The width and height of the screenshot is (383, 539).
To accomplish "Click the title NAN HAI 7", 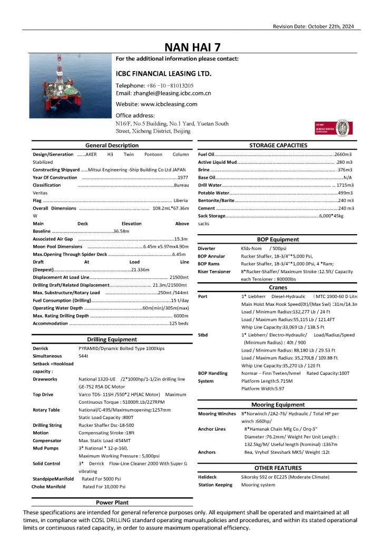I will pyautogui.click(x=192, y=47).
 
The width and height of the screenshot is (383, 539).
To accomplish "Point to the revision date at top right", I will pyautogui.click(x=313, y=26).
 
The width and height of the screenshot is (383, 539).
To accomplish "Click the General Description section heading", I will pyautogui.click(x=112, y=145).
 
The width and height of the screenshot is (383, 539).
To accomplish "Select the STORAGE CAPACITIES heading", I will pyautogui.click(x=277, y=145).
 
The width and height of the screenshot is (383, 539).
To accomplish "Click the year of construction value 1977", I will pyautogui.click(x=183, y=177).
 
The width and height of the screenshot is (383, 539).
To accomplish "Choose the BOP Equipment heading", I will pyautogui.click(x=278, y=239).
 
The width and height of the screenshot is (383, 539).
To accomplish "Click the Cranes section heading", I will pyautogui.click(x=278, y=288).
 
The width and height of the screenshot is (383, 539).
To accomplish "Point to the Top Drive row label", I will pyautogui.click(x=43, y=394).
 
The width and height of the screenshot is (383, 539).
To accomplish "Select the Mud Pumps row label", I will pyautogui.click(x=45, y=448).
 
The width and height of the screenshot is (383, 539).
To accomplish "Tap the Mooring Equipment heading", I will pyautogui.click(x=278, y=405).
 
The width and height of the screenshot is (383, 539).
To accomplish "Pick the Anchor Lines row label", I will pyautogui.click(x=212, y=429).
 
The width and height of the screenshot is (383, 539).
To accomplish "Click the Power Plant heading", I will pyautogui.click(x=112, y=503).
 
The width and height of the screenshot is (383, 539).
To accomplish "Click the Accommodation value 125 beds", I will pyautogui.click(x=179, y=323).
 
